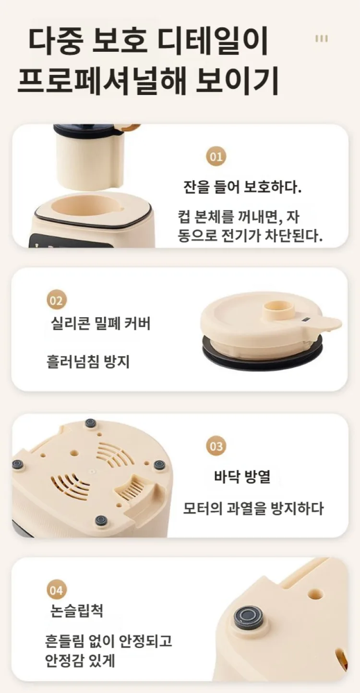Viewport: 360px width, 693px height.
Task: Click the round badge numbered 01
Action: click(x=216, y=157)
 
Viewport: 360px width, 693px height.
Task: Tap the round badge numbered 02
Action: click(x=57, y=301)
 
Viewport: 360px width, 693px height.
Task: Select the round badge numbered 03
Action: click(x=216, y=446)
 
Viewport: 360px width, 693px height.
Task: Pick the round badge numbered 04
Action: click(x=57, y=590)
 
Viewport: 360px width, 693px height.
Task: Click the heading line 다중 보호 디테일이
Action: click(x=148, y=42)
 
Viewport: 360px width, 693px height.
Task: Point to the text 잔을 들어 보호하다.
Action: click(x=242, y=187)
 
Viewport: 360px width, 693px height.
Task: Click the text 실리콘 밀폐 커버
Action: click(x=101, y=324)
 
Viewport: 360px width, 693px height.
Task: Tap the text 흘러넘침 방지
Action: click(x=88, y=361)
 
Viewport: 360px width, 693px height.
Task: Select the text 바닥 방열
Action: click(x=242, y=477)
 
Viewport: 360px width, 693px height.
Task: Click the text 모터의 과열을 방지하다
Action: click(x=253, y=508)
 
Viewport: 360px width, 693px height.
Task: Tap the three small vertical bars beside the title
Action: click(x=321, y=39)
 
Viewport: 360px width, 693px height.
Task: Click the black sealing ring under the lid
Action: click(x=263, y=353)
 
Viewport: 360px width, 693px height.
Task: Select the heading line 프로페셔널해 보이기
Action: click(x=148, y=82)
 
